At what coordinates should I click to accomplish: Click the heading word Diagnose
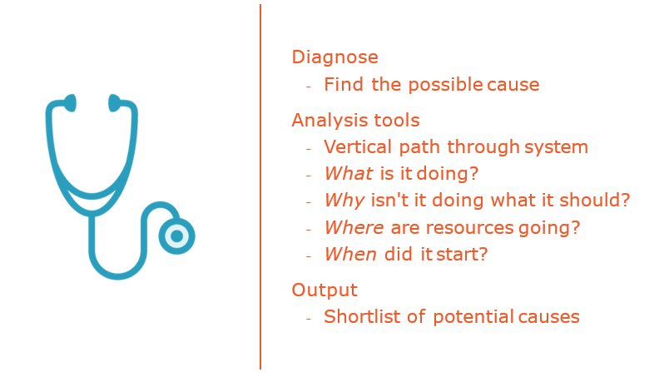(335, 57)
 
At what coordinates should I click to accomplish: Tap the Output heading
(325, 290)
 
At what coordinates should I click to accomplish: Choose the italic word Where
(354, 227)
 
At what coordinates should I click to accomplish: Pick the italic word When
(350, 255)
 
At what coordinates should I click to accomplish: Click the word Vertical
(358, 146)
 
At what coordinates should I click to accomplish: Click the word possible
(446, 86)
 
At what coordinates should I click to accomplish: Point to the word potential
(473, 317)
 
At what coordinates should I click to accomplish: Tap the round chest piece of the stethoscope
(176, 236)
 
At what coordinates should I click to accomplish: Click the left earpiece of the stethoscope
(71, 103)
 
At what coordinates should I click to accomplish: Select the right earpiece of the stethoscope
(114, 103)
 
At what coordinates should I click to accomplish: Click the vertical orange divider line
(260, 187)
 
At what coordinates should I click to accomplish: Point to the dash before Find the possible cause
(309, 87)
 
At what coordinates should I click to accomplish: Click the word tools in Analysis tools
(397, 121)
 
